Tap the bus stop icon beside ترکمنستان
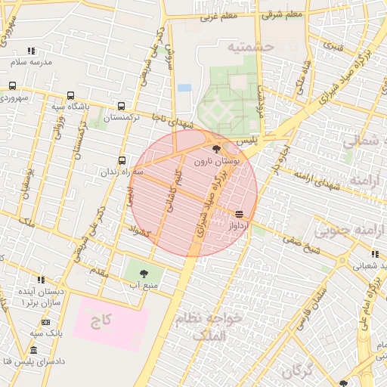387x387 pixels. pos(122,107)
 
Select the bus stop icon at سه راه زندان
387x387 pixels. pos(122,160)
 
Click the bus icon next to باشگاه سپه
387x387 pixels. pos(70,96)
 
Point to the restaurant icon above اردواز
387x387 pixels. pos(239,214)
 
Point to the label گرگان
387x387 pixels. pos(297,371)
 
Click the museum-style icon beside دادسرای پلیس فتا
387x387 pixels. pos(33,350)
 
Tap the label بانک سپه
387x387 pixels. pos(46,333)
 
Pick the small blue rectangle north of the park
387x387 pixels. pos(184,88)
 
